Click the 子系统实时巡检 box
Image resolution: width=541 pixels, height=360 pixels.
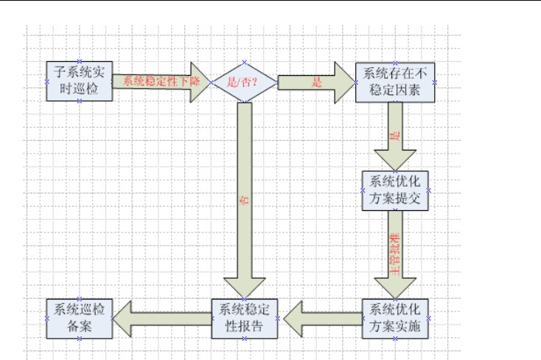pos(79,81)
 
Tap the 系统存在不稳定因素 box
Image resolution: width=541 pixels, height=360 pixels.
pos(395,81)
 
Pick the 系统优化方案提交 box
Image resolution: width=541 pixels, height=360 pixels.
pos(395,190)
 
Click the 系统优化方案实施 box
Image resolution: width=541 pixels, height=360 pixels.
pos(395,318)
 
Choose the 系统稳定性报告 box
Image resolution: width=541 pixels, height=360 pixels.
pos(245,318)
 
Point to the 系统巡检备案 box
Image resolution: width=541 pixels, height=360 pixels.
pos(79,318)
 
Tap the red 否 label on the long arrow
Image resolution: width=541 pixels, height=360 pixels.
pos(244,199)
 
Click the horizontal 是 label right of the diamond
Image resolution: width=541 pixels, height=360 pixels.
pos(317,83)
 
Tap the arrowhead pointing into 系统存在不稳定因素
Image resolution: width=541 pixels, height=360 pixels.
pos(343,82)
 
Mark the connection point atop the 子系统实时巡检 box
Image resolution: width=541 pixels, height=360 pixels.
pos(79,61)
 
